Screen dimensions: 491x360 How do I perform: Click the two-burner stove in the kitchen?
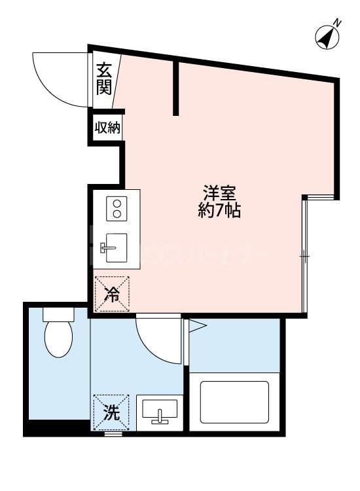[x=117, y=209]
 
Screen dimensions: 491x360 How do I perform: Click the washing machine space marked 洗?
[x=112, y=412]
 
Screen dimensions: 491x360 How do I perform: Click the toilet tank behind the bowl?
[x=58, y=313]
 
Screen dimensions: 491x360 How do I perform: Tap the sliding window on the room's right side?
[x=304, y=255]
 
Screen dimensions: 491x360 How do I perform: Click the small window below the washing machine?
[x=113, y=434]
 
